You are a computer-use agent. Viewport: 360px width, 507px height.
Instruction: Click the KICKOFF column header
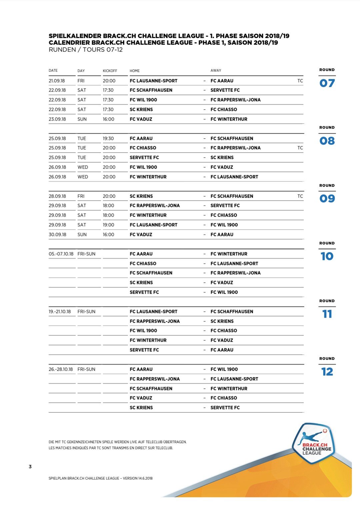tap(110, 71)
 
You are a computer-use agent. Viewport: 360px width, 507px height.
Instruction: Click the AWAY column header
tap(216, 70)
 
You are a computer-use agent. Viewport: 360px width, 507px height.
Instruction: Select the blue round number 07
tap(327, 83)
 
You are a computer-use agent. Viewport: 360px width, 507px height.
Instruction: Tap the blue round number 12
tap(327, 372)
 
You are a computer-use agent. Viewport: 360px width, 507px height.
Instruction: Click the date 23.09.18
tap(57, 119)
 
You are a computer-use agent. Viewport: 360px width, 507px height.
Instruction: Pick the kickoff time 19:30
tap(108, 138)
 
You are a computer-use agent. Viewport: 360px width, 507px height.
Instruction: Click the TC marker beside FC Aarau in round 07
tap(300, 81)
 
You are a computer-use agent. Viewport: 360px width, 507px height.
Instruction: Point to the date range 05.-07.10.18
tap(61, 254)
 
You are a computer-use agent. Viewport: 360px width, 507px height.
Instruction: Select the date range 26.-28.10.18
tap(61, 369)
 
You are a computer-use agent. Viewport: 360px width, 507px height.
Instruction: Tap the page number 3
tap(30, 466)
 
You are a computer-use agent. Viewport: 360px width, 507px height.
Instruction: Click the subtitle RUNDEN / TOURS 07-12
tap(86, 50)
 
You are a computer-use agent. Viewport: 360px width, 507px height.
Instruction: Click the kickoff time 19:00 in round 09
tap(108, 225)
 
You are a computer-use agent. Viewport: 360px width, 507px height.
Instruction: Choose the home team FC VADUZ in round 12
tap(141, 398)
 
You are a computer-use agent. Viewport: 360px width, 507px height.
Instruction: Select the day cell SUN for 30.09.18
tap(82, 235)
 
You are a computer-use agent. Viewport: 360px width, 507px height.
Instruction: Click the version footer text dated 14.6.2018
tap(101, 478)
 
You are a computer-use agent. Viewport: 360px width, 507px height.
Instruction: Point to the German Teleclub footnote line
tap(118, 442)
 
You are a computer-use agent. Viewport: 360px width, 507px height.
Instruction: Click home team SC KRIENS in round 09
tap(141, 196)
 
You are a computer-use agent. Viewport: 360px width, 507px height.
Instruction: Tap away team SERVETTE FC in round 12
tap(225, 408)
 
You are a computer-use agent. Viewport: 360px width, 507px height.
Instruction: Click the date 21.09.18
tap(57, 81)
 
